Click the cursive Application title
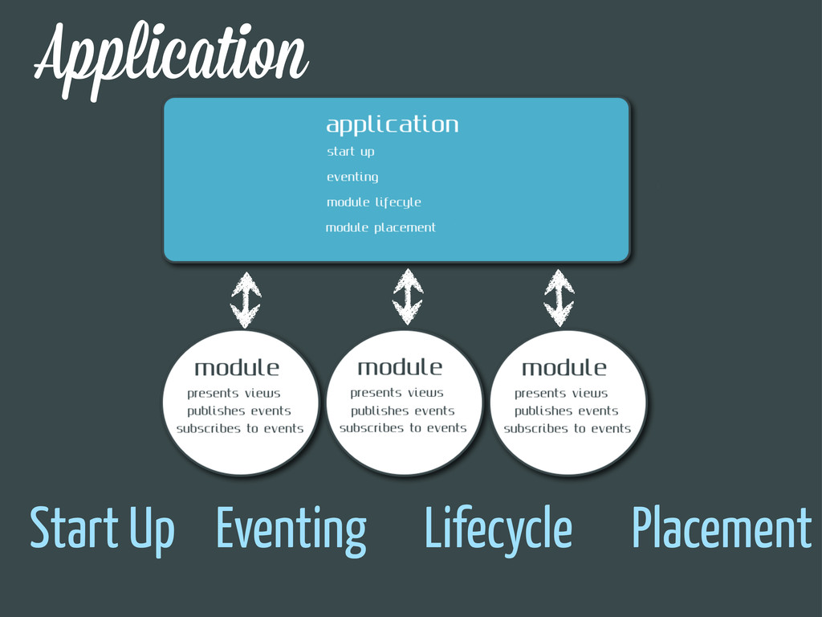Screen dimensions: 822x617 tap(171, 59)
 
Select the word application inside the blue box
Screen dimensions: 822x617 tap(392, 125)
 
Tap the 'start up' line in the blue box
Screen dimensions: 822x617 tap(351, 152)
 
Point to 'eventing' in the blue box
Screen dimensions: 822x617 tap(352, 177)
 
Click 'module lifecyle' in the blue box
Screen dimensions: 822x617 tap(374, 202)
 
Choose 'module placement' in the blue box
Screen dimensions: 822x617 tap(380, 227)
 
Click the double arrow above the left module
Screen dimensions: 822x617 tap(246, 300)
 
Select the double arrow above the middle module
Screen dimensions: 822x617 tap(408, 297)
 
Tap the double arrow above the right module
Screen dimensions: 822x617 tap(559, 298)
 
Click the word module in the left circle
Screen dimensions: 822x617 tap(237, 368)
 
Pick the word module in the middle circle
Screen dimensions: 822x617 tap(400, 367)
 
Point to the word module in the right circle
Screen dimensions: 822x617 tap(564, 368)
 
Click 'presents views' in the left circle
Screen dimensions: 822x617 tap(234, 394)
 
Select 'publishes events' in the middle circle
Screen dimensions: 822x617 tap(403, 411)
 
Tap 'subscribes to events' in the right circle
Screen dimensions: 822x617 tap(568, 429)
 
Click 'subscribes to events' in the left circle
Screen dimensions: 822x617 tap(240, 429)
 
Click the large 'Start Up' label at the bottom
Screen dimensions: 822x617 tap(102, 529)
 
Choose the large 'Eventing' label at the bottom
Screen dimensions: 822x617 tap(291, 530)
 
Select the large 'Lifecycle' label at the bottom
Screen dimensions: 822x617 tap(498, 529)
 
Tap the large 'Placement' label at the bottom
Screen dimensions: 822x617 tap(722, 527)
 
